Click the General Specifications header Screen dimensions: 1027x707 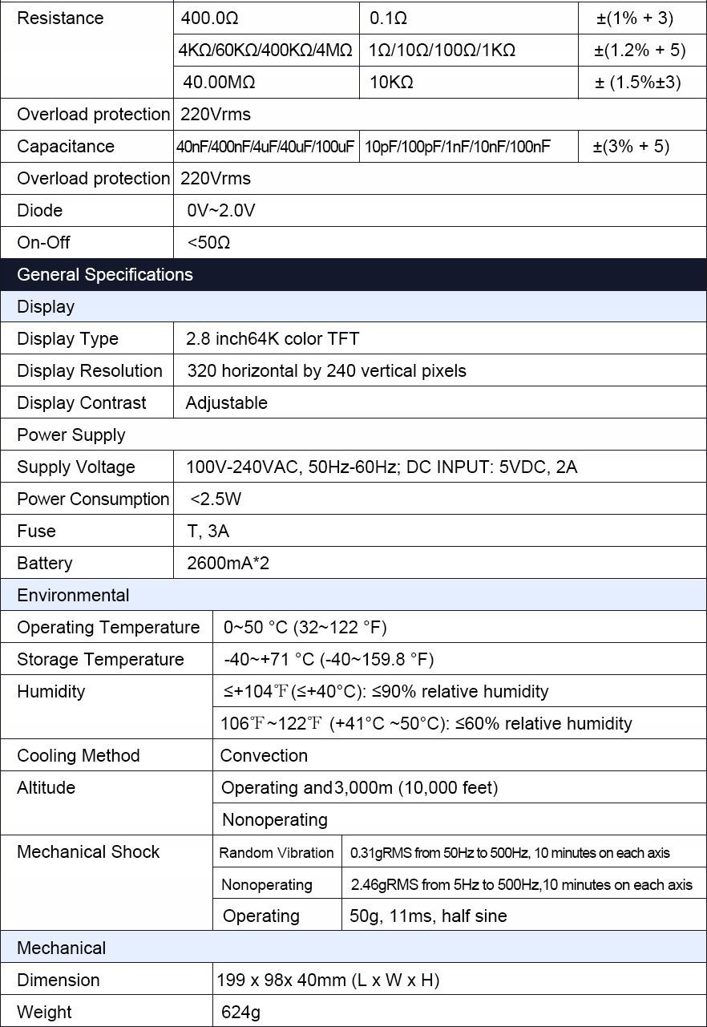pyautogui.click(x=105, y=274)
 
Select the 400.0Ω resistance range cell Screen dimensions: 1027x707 pyautogui.click(x=210, y=18)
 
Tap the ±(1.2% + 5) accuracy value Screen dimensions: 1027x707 pyautogui.click(x=640, y=50)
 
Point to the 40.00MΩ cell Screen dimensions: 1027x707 pyautogui.click(x=220, y=82)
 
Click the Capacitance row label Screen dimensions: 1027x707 pyautogui.click(x=66, y=146)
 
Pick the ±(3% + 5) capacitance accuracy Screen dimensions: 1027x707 pyautogui.click(x=631, y=146)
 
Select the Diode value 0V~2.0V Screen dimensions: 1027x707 pyautogui.click(x=221, y=210)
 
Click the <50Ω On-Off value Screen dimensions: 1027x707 pyautogui.click(x=208, y=242)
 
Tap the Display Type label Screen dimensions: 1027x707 pyautogui.click(x=67, y=338)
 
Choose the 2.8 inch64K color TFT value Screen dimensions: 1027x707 pyautogui.click(x=273, y=338)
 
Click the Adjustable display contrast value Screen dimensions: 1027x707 pyautogui.click(x=227, y=402)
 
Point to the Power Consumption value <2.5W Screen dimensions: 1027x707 pyautogui.click(x=216, y=499)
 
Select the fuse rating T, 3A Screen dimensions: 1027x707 pyautogui.click(x=208, y=531)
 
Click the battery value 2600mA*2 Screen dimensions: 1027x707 pyautogui.click(x=228, y=563)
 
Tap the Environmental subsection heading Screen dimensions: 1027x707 pyautogui.click(x=73, y=595)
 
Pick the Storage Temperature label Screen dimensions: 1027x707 pyautogui.click(x=100, y=659)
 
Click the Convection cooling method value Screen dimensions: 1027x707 pyautogui.click(x=264, y=755)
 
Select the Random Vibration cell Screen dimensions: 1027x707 pyautogui.click(x=277, y=852)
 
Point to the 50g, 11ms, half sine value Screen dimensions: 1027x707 pyautogui.click(x=428, y=916)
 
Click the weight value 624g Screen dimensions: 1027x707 pyautogui.click(x=241, y=1012)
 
